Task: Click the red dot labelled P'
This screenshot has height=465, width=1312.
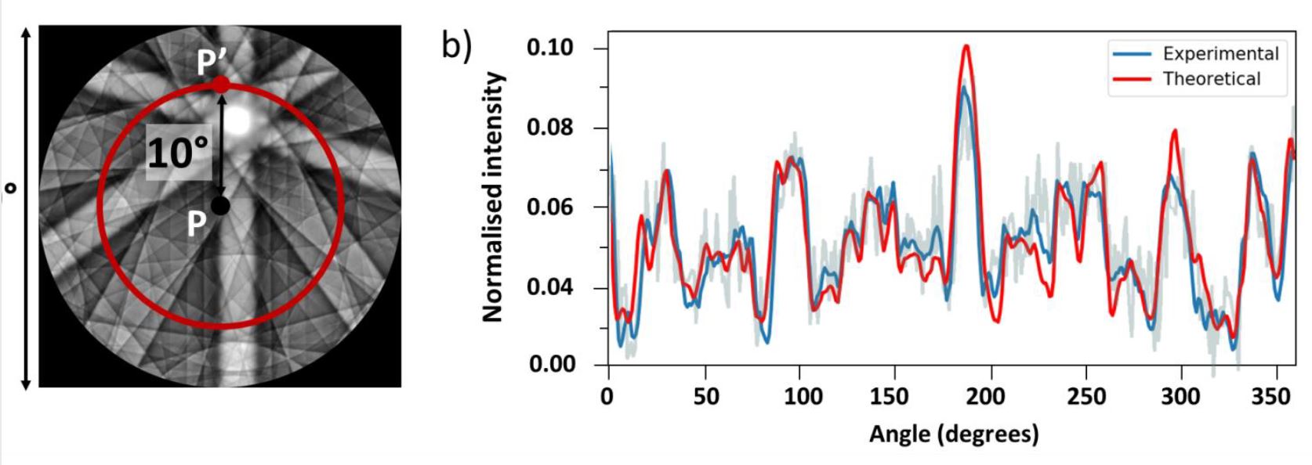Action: [222, 85]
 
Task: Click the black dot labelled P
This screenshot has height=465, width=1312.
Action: [220, 206]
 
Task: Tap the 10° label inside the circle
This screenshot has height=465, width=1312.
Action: [179, 152]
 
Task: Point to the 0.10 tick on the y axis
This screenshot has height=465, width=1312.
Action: [550, 49]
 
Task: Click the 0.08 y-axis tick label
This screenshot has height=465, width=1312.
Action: [550, 128]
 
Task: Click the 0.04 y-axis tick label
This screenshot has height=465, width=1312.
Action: [550, 287]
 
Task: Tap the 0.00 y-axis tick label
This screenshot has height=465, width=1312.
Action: [550, 365]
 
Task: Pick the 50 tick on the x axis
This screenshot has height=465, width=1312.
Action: [705, 397]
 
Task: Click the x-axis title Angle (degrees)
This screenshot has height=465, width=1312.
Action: [953, 433]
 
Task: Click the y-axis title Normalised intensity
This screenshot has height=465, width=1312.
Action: [492, 196]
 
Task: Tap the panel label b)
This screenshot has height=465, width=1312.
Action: [456, 45]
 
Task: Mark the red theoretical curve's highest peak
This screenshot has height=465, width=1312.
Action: [966, 46]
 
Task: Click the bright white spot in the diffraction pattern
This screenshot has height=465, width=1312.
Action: [238, 120]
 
